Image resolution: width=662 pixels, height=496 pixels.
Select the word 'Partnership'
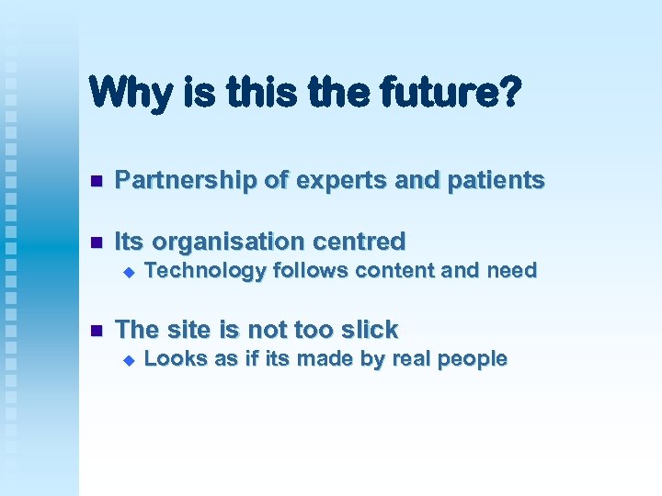[186, 180]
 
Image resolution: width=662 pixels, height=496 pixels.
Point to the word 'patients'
[496, 180]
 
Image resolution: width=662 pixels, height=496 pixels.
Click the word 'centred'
[361, 242]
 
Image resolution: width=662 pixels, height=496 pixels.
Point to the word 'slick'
[367, 329]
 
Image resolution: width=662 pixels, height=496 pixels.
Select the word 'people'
[473, 359]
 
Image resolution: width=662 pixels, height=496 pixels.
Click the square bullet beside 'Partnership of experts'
[92, 182]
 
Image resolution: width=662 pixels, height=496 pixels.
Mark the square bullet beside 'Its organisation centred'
[92, 242]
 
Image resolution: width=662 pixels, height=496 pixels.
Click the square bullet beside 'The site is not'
[92, 331]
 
